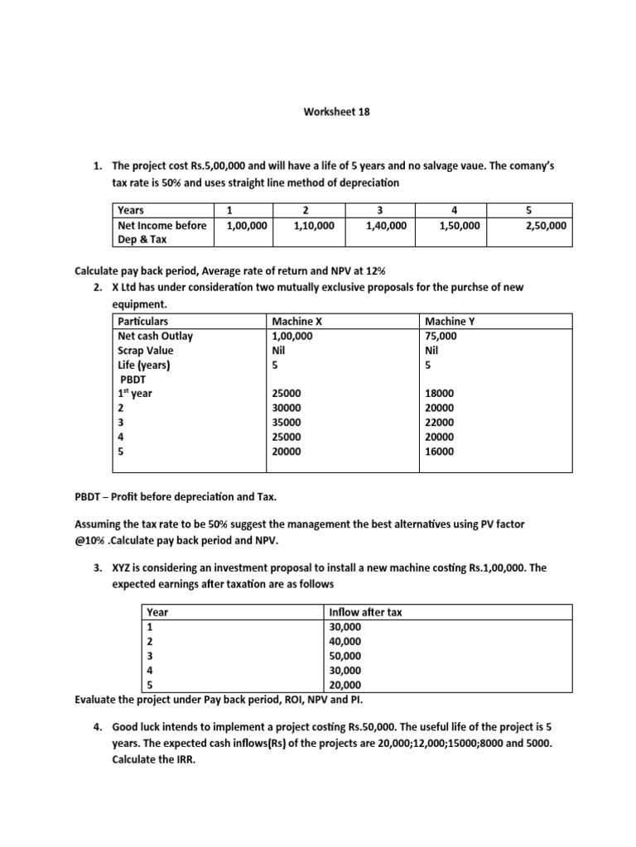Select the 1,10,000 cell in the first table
(314, 224)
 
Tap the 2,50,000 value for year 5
(547, 224)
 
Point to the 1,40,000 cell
(386, 224)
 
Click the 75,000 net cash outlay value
(439, 336)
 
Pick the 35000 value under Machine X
(287, 423)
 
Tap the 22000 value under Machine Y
(439, 423)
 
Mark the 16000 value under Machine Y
(439, 452)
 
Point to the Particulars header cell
(143, 321)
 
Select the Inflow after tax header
(366, 612)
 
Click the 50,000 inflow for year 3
(345, 656)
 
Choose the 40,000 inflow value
(345, 641)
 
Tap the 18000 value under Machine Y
(439, 394)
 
